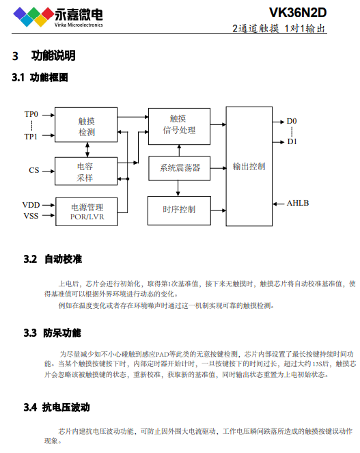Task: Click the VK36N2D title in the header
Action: pos(298,13)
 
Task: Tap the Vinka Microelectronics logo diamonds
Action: pos(33,17)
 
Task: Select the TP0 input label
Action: pos(31,114)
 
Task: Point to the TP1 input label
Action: pos(31,137)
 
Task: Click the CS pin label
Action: pos(33,170)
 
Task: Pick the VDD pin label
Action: pos(31,205)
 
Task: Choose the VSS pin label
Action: pos(31,216)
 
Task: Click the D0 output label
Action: pos(292,121)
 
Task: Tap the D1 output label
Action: pos(292,141)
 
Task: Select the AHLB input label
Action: pos(298,203)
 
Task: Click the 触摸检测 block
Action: pos(86,125)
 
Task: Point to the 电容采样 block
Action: pos(86,171)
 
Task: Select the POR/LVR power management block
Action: pos(86,212)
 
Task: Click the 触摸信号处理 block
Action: pos(179,126)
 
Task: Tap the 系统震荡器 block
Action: pos(180,168)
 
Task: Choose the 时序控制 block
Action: pos(179,210)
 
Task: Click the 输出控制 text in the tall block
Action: pos(249,167)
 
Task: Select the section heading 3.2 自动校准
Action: pos(53,259)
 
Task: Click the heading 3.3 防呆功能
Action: pos(53,333)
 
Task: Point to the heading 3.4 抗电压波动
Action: pos(57,407)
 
